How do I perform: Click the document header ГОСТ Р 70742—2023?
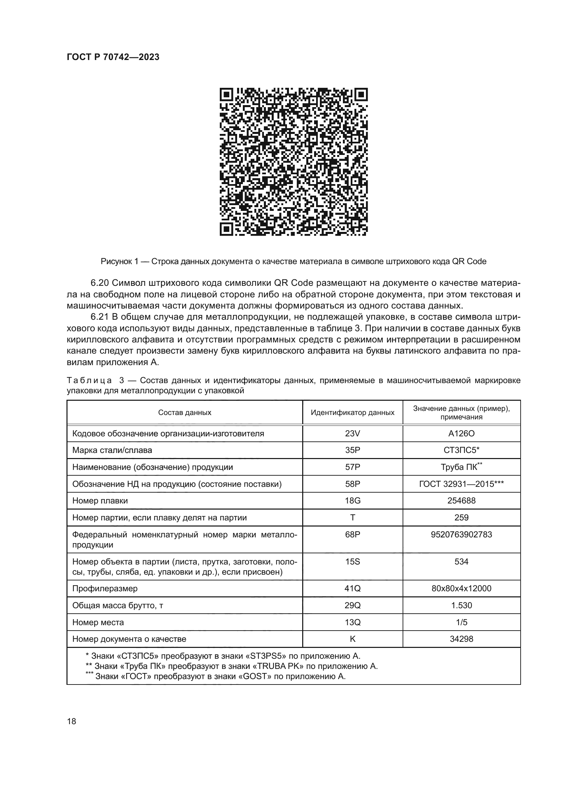(x=113, y=57)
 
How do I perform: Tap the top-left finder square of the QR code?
(x=227, y=95)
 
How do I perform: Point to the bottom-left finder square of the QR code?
(x=227, y=229)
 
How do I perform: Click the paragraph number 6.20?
(x=100, y=283)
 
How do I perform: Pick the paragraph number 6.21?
(x=100, y=317)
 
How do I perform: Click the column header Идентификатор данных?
(x=352, y=412)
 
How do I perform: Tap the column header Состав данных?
(x=185, y=412)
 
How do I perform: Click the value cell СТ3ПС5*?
(x=461, y=450)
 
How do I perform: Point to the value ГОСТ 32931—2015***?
(x=461, y=484)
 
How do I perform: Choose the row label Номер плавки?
(x=100, y=501)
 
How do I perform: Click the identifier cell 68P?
(x=352, y=535)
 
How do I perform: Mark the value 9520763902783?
(x=461, y=535)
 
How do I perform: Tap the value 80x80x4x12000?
(x=461, y=589)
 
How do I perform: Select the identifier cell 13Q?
(x=352, y=622)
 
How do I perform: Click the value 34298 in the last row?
(x=461, y=639)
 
